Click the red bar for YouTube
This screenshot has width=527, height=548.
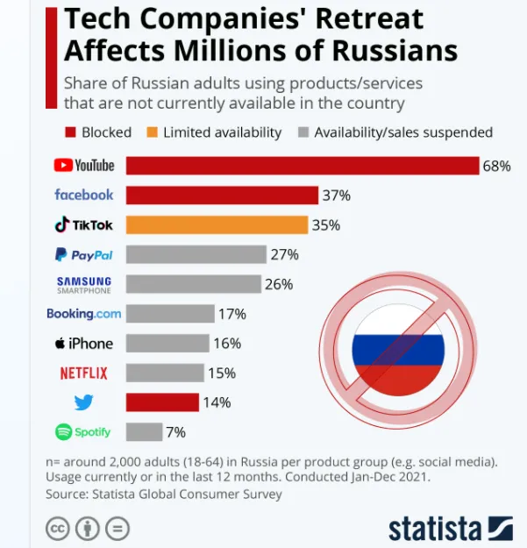click(303, 166)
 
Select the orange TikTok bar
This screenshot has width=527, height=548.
click(217, 224)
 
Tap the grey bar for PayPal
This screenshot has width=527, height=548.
click(196, 254)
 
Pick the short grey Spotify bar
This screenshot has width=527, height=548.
click(144, 431)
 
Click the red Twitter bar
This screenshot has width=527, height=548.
click(162, 402)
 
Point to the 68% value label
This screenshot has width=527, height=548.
click(496, 166)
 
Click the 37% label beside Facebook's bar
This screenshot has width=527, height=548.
click(336, 195)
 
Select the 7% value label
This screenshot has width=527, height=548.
click(176, 431)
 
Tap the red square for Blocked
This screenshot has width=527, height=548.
click(70, 132)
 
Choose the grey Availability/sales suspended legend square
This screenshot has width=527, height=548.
click(303, 132)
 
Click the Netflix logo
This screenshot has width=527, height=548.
click(84, 373)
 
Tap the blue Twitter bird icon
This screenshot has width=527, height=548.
click(84, 402)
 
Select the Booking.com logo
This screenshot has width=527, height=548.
click(83, 313)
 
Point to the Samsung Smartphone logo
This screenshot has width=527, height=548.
click(84, 284)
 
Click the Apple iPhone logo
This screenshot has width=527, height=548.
click(84, 343)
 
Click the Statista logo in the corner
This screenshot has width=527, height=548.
click(450, 528)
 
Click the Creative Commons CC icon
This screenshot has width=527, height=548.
click(57, 529)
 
